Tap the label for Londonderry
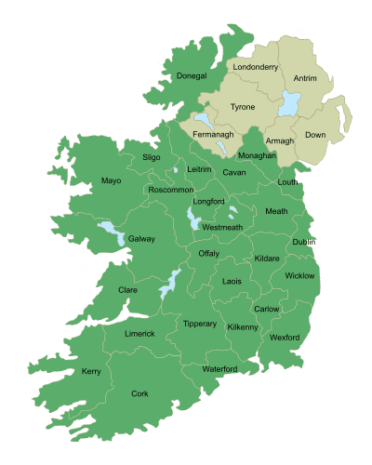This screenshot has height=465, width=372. (x=258, y=68)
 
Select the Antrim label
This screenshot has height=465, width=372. (x=305, y=79)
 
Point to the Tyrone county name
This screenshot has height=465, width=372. (x=242, y=107)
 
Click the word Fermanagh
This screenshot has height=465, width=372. (x=213, y=135)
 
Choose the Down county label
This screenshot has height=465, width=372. (x=315, y=135)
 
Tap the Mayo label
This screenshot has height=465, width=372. (x=112, y=180)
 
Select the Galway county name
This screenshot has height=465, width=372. (x=141, y=239)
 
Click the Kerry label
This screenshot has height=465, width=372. (x=91, y=371)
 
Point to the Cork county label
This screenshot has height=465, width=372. (x=139, y=394)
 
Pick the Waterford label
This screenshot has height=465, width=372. (x=220, y=369)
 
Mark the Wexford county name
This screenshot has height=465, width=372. (x=286, y=337)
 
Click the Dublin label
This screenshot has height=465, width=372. (x=304, y=242)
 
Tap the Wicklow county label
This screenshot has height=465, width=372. (x=299, y=275)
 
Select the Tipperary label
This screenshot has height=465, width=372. (x=200, y=324)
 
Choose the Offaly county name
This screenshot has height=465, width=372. (x=208, y=253)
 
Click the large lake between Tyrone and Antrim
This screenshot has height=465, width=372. (x=288, y=105)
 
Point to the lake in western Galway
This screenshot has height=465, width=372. (x=110, y=230)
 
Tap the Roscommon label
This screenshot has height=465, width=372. (x=171, y=190)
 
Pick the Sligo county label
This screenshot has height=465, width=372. (x=152, y=158)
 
